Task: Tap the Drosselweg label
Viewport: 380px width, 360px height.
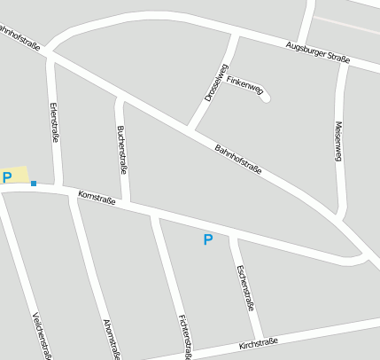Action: (216, 82)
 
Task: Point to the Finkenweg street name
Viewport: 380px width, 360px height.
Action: (244, 83)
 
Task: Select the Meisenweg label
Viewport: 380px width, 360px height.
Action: (338, 142)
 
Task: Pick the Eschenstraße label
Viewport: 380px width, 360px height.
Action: (247, 287)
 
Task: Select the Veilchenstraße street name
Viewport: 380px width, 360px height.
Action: (41, 337)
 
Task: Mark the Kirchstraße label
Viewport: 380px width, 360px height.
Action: (258, 343)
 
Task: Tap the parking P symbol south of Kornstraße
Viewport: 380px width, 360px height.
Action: (208, 239)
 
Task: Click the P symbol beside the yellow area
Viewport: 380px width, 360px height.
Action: (7, 177)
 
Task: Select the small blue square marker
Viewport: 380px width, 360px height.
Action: (34, 184)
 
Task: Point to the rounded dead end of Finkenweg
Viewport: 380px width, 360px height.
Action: (264, 96)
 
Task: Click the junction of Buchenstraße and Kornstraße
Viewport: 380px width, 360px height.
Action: (127, 203)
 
